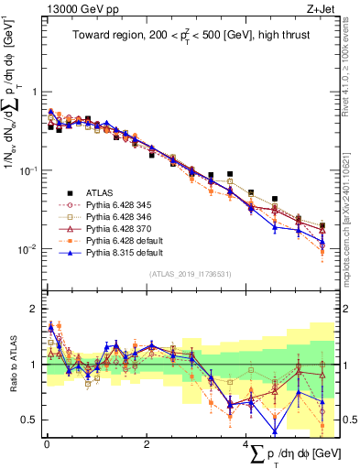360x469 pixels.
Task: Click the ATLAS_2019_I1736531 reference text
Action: pos(191,273)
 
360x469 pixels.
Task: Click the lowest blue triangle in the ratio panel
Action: pos(274,432)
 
